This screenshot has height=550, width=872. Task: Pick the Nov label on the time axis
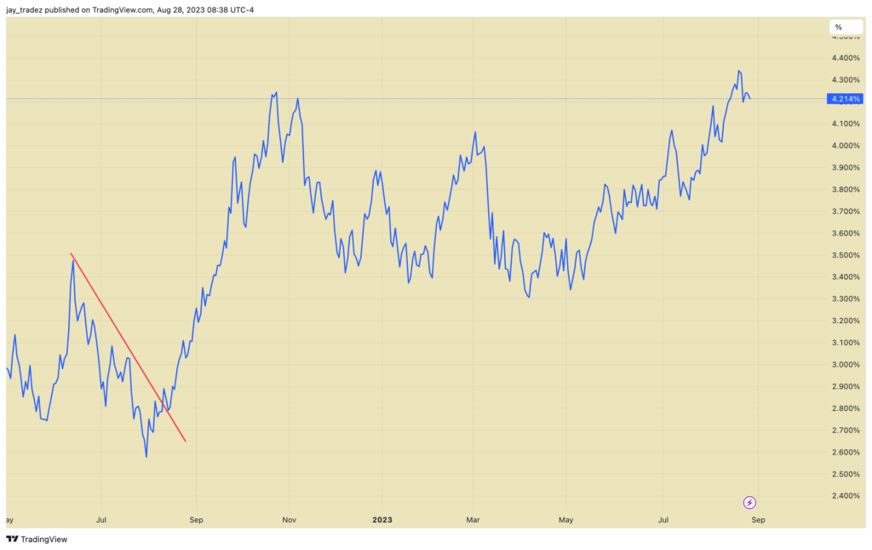290,518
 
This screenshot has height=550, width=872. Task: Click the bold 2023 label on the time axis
381,518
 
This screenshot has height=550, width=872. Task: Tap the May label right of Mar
565,518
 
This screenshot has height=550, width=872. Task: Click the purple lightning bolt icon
750,502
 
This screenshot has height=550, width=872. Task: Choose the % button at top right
838,27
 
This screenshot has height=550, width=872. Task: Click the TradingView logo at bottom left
37,539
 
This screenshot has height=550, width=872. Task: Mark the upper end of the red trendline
72,253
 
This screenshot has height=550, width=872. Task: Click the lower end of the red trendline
186,442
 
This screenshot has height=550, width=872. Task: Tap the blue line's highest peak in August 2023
738,71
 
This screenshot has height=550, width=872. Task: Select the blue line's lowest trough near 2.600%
146,457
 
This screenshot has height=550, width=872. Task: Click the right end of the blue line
749,98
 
